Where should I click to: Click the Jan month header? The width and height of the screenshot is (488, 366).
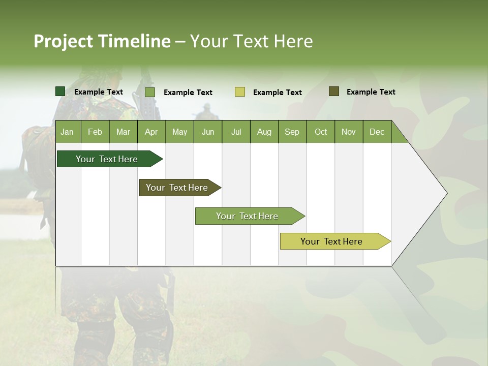click(x=67, y=132)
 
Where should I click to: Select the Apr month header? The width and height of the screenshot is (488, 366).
click(x=151, y=132)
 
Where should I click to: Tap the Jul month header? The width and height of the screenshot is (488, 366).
click(x=236, y=132)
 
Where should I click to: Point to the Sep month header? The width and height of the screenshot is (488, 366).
click(x=292, y=132)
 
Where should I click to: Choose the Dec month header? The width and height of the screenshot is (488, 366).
click(x=377, y=132)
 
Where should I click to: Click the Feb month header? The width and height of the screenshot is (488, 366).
click(x=95, y=132)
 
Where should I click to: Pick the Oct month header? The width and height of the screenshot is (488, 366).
click(x=321, y=132)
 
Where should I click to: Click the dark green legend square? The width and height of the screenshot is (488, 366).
click(x=60, y=91)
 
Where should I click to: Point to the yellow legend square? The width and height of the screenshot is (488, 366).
click(x=240, y=92)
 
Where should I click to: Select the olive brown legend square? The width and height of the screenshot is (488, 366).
click(x=334, y=91)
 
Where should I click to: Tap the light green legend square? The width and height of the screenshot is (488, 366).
click(x=150, y=92)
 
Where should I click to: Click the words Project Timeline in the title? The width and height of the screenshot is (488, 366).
click(x=102, y=41)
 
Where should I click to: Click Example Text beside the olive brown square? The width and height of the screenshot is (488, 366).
click(x=371, y=92)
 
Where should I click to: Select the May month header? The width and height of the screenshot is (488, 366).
click(x=179, y=132)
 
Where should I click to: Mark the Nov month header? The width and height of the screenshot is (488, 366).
click(x=349, y=132)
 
